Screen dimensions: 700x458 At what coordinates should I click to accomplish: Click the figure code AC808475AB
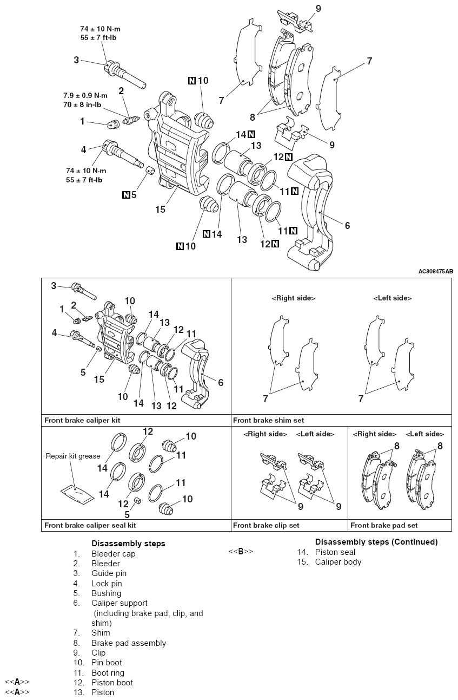[435, 272]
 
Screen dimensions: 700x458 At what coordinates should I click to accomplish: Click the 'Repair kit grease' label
[73, 456]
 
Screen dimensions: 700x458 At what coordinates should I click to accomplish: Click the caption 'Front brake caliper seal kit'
[90, 525]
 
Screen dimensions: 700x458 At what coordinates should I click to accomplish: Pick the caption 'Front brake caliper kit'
[82, 420]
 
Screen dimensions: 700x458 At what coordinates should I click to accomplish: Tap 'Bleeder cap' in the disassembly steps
[114, 554]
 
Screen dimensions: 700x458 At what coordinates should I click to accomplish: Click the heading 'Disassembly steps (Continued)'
[376, 542]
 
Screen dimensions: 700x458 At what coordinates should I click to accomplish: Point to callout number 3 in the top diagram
[76, 60]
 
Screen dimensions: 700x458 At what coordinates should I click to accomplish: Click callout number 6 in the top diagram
[347, 225]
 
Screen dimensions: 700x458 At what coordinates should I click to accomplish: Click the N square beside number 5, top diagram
[127, 195]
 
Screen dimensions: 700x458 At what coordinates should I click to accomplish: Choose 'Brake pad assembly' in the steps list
[129, 643]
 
